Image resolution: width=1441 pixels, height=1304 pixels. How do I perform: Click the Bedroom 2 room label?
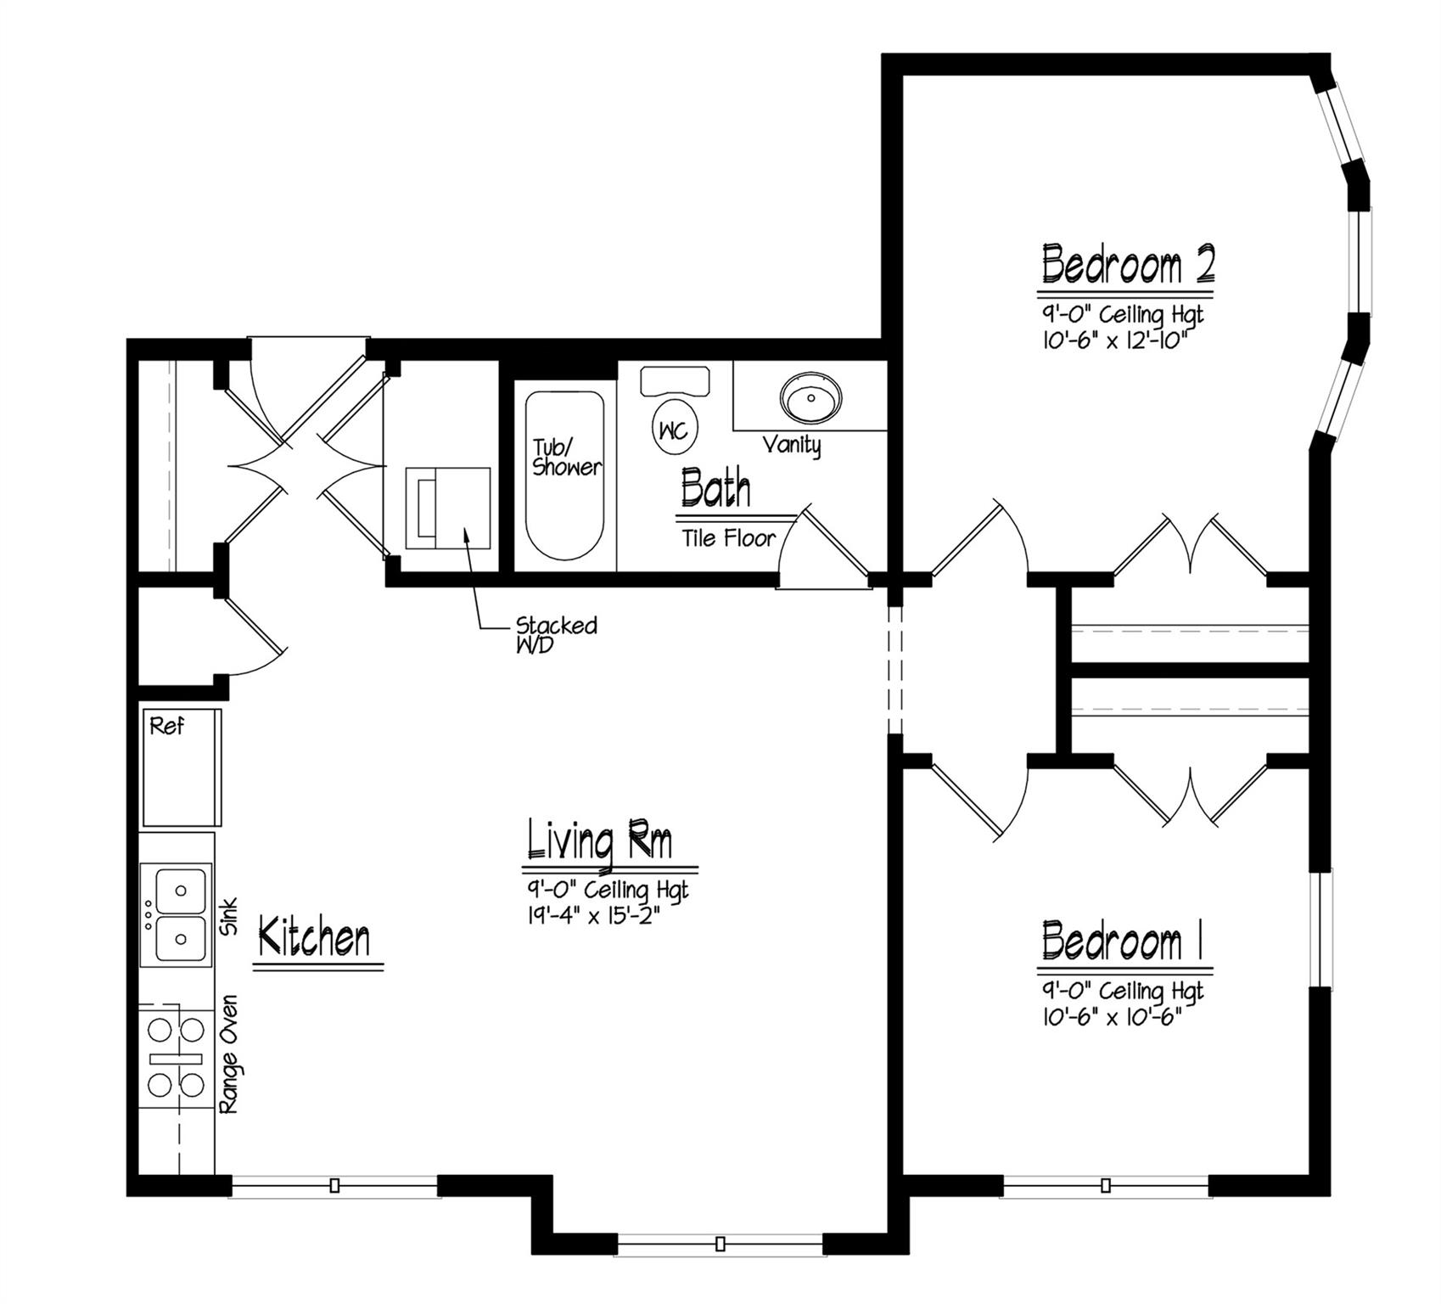pos(1127,265)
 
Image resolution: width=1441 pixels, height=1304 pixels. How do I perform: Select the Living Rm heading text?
pos(601,840)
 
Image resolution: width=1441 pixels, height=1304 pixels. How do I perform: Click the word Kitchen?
pos(314,939)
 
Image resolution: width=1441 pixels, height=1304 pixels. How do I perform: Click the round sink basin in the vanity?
pos(811,397)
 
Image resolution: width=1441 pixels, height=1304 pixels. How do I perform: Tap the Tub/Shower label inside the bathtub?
pos(567,458)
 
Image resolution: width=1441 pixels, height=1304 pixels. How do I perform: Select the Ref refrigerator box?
pos(182,767)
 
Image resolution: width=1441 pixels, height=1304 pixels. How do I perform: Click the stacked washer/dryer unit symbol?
pos(447,508)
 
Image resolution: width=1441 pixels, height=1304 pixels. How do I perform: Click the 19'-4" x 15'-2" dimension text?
pos(593,916)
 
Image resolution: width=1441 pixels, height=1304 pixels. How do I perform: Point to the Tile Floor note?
pos(728,538)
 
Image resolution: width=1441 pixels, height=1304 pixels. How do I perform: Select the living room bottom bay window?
pos(720,1245)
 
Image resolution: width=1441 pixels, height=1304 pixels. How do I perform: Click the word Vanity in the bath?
pos(791,445)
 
